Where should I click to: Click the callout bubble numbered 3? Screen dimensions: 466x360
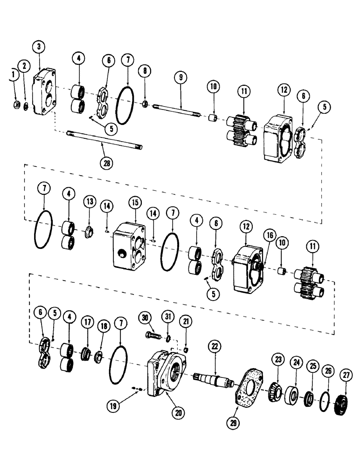point(39,47)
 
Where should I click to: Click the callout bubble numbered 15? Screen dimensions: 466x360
point(135,204)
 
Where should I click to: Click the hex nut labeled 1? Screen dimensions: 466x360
point(15,106)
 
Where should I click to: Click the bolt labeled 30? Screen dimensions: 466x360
point(153,335)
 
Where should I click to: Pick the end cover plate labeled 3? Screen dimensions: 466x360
point(44,94)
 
